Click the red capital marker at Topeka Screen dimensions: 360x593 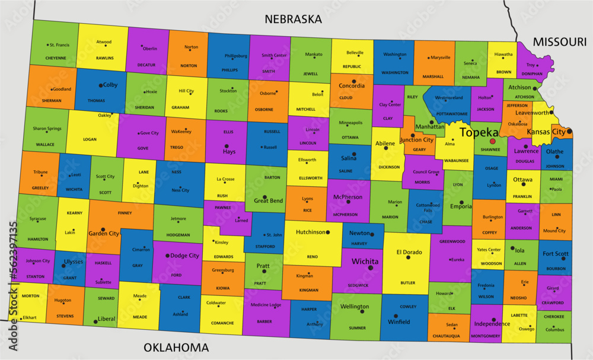click(492, 141)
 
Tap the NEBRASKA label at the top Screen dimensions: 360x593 click(293, 19)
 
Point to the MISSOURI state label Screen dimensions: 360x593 click(559, 42)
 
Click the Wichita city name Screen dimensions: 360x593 click(365, 261)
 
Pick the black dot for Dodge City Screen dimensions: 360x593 click(167, 256)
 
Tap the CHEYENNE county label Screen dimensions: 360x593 click(56, 58)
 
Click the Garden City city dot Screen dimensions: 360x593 click(103, 229)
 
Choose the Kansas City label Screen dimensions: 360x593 click(546, 132)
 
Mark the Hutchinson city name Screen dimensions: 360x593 click(311, 232)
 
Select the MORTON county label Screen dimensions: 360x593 click(31, 296)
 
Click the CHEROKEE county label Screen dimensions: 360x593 click(554, 317)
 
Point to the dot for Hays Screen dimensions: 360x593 click(226, 146)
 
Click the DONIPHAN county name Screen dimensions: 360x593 click(531, 74)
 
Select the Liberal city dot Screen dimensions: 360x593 click(95, 321)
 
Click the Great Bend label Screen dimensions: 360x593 click(268, 200)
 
